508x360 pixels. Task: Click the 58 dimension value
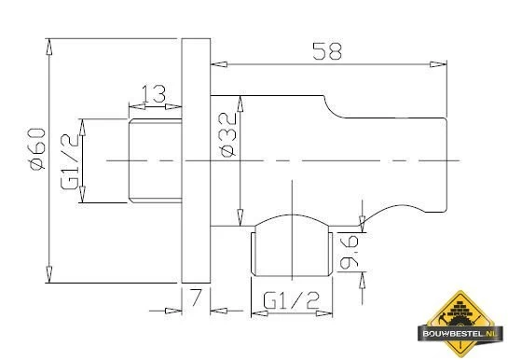pyautogui.click(x=327, y=51)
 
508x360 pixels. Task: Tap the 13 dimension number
pyautogui.click(x=154, y=94)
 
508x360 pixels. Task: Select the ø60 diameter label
pyautogui.click(x=37, y=148)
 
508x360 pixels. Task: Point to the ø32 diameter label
pyautogui.click(x=227, y=135)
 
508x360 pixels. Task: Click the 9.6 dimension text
pyautogui.click(x=349, y=253)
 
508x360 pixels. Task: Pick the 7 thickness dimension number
pyautogui.click(x=196, y=298)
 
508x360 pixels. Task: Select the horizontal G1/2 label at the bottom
pyautogui.click(x=291, y=300)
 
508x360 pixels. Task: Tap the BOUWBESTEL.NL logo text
pyautogui.click(x=460, y=334)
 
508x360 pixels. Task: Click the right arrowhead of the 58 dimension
pyautogui.click(x=438, y=64)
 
